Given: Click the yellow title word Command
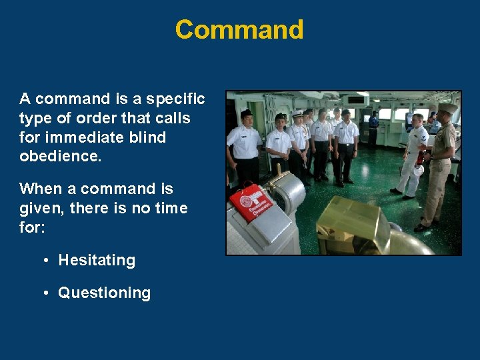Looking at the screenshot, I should (x=239, y=30).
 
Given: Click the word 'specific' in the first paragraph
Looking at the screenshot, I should (x=176, y=99).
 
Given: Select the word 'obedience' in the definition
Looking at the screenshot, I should (x=59, y=157).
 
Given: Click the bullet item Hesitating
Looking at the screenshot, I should (x=97, y=261).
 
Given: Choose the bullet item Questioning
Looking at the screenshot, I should (x=104, y=293).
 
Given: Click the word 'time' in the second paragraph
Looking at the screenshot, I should (x=169, y=209).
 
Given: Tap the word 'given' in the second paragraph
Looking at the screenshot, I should (x=40, y=209).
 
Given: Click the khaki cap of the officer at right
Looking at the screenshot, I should (x=447, y=107).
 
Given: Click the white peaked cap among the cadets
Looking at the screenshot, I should (x=297, y=114).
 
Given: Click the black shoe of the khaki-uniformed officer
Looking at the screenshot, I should (x=421, y=227).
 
